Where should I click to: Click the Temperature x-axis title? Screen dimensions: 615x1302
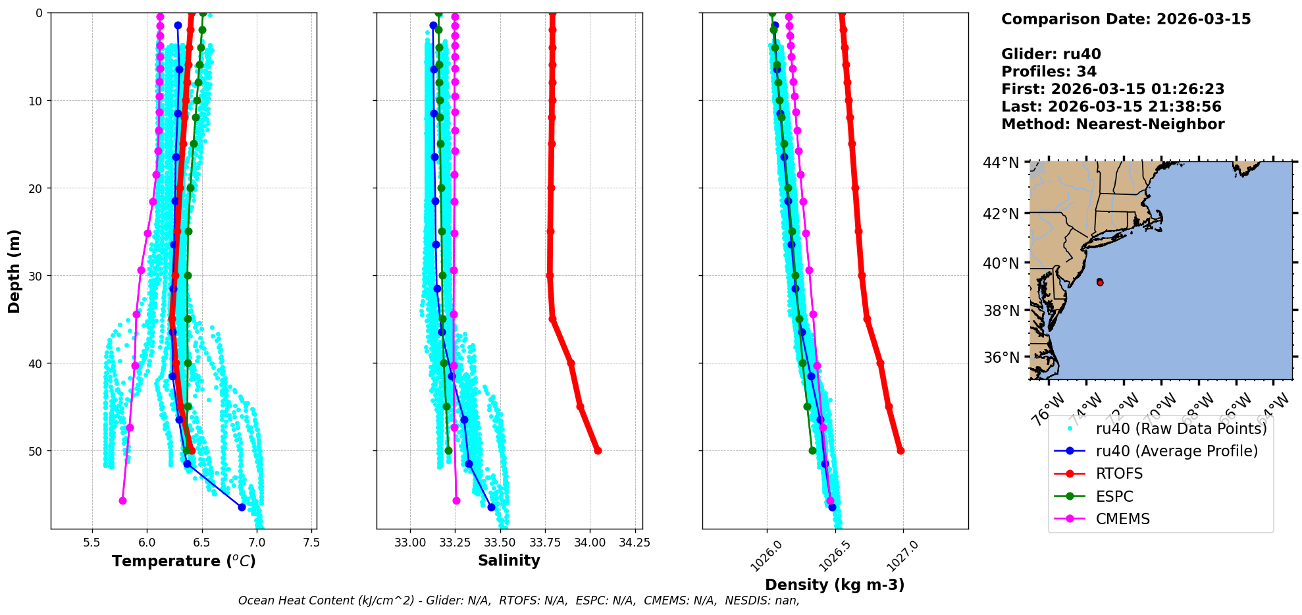[x=184, y=561]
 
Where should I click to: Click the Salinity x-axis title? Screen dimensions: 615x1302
[x=509, y=561]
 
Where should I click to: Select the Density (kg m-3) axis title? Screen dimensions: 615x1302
[x=835, y=585]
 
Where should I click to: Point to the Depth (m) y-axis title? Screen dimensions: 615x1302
[x=14, y=271]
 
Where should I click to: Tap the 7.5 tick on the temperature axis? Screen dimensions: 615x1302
[x=311, y=543]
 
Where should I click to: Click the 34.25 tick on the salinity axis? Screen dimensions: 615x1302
[x=635, y=543]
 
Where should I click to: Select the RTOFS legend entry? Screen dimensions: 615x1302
[x=1119, y=474]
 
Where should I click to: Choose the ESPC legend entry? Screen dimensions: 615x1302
[x=1114, y=496]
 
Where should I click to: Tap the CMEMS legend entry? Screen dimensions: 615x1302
[x=1122, y=519]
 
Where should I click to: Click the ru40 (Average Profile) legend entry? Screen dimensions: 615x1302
[x=1176, y=451]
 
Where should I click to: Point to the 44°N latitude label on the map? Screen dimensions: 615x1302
[x=1001, y=163]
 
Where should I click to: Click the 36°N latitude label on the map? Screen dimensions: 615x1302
[x=1001, y=358]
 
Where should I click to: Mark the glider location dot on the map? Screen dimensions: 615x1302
[x=1100, y=282]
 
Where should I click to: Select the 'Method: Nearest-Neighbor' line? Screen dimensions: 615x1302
[x=1112, y=124]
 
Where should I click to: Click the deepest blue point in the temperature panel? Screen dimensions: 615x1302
[x=242, y=507]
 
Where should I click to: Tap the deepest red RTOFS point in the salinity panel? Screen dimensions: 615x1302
[x=598, y=450]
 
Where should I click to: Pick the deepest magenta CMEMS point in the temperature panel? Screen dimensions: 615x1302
[x=122, y=500]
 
